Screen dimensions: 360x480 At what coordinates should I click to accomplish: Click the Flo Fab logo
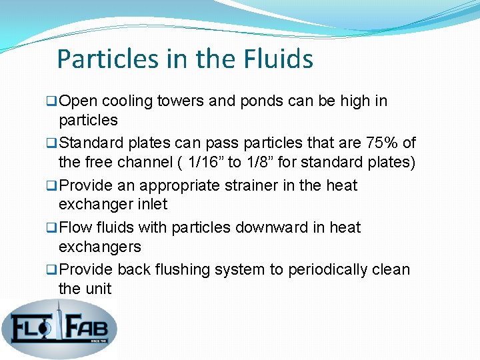tap(59, 327)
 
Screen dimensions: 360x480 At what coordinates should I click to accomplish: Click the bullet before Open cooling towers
tap(51, 102)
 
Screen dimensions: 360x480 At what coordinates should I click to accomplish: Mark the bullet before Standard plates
tap(51, 143)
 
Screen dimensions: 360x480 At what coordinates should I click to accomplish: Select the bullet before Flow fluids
tap(51, 228)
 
